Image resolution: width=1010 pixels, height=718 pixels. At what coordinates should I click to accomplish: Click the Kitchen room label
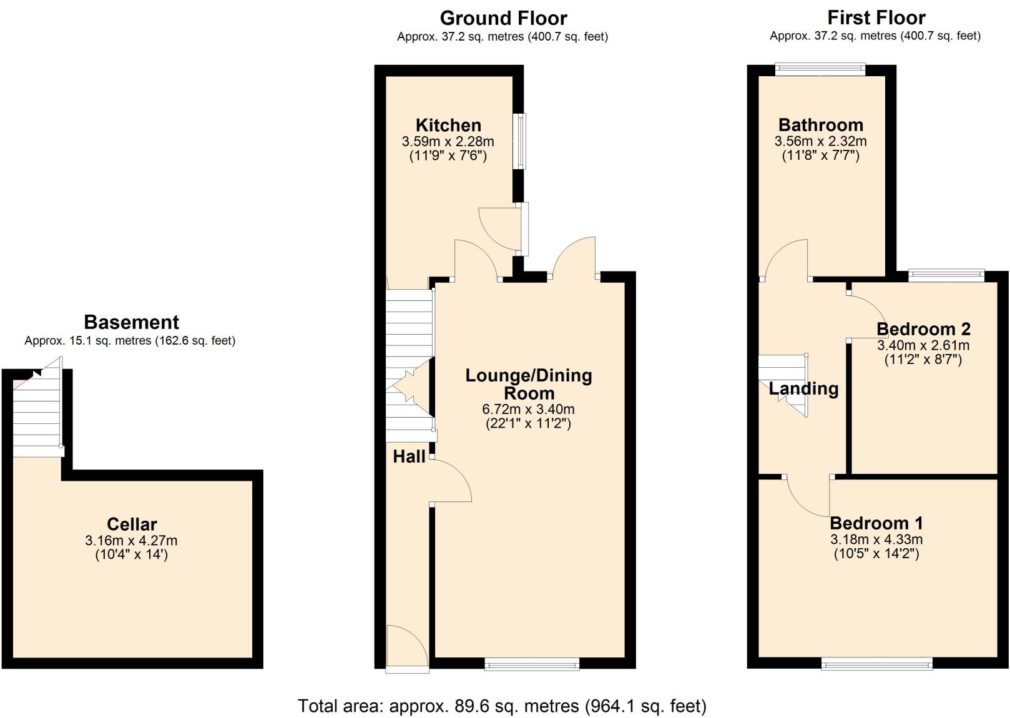pos(448,125)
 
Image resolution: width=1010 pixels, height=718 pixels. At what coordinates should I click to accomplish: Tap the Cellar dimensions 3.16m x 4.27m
pos(131,540)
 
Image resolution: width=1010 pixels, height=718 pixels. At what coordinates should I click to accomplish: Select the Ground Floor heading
pos(503,17)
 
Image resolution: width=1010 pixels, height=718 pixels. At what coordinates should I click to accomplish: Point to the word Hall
pos(409,456)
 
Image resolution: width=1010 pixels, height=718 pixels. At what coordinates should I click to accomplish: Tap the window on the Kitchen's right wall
pos(519,141)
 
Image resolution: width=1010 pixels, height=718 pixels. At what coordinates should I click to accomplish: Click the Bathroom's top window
pos(820,69)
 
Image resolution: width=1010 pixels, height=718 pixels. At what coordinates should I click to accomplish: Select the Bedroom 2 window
pos(946,275)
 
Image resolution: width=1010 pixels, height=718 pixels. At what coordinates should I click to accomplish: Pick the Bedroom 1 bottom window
pos(876,663)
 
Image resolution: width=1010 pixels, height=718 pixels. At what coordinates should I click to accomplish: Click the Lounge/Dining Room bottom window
pos(532,664)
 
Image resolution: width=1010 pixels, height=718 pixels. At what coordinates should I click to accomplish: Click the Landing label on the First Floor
pos(803,388)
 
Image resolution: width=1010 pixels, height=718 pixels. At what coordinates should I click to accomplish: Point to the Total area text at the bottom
pos(502,706)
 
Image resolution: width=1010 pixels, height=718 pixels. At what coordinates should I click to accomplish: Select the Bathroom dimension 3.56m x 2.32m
pos(820,142)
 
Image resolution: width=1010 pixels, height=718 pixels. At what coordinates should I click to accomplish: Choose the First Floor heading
pos(876,17)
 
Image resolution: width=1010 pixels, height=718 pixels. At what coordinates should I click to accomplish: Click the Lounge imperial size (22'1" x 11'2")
pos(528,423)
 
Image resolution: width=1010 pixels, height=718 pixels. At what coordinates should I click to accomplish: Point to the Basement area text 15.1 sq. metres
pos(130,341)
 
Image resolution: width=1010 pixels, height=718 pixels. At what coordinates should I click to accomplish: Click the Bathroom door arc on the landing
pos(787,259)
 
